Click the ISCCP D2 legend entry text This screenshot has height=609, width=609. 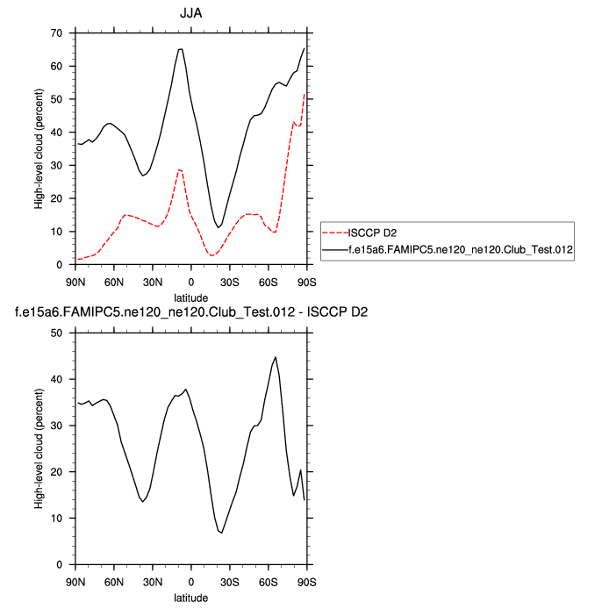point(373,233)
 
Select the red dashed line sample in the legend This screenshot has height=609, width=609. point(335,233)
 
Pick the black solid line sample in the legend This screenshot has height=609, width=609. point(335,250)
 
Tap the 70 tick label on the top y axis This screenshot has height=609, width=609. point(58,33)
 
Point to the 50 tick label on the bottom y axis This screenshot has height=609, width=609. point(58,333)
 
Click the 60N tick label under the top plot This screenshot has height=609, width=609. point(114,281)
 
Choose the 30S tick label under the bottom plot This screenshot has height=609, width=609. point(230,581)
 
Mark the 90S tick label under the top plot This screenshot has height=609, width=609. point(307,281)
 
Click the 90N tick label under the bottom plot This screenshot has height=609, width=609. point(75,581)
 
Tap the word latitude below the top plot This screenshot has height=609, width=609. point(191,297)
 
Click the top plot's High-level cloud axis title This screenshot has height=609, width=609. point(39,148)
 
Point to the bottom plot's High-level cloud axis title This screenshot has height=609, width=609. point(39,448)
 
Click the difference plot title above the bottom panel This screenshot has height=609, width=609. point(190,312)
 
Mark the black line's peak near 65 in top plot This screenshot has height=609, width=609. point(181,49)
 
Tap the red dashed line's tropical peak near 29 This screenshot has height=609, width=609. point(180,169)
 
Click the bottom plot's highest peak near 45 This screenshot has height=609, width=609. point(276,357)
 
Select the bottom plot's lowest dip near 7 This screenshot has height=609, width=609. point(222,533)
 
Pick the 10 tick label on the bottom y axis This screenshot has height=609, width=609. point(58,519)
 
